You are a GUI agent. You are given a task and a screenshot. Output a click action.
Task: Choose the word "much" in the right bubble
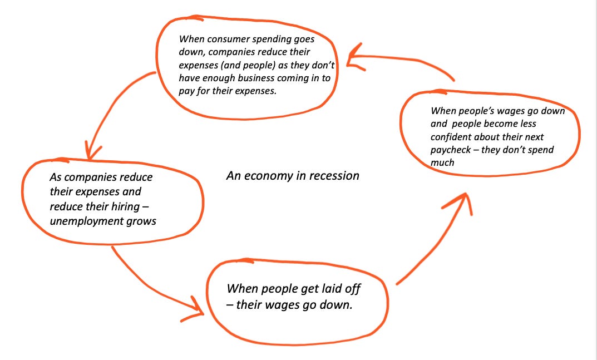(443, 163)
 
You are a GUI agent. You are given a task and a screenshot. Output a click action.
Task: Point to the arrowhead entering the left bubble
(92, 151)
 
